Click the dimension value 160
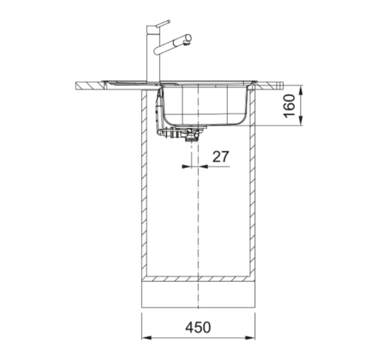[290, 105]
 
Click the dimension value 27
[221, 156]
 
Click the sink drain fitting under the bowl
[191, 135]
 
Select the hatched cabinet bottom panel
[198, 278]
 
